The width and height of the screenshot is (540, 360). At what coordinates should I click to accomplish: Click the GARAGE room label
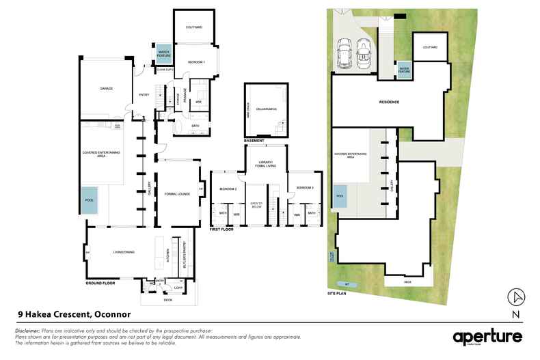pyautogui.click(x=106, y=89)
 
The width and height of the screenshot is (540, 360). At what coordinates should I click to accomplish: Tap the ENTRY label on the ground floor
pyautogui.click(x=144, y=95)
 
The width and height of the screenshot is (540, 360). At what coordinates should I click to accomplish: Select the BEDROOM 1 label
pyautogui.click(x=196, y=62)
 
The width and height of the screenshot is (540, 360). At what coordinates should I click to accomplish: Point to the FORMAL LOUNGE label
pyautogui.click(x=176, y=193)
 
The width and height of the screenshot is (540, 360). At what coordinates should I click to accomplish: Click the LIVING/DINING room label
pyautogui.click(x=124, y=252)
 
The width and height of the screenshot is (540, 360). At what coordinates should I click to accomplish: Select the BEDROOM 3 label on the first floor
pyautogui.click(x=304, y=187)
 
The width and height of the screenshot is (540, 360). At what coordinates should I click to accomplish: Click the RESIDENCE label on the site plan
pyautogui.click(x=389, y=102)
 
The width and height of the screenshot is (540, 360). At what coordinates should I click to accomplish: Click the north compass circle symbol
pyautogui.click(x=517, y=297)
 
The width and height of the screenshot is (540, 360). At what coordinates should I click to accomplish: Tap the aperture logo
pyautogui.click(x=487, y=337)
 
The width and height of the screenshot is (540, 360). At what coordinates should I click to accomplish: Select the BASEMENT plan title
pyautogui.click(x=254, y=141)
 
